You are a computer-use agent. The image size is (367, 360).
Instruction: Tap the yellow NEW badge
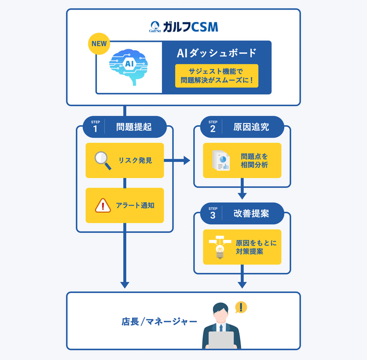tap(99, 44)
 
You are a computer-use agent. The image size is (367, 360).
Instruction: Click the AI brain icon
tap(129, 67)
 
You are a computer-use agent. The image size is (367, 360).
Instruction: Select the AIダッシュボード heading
tap(217, 53)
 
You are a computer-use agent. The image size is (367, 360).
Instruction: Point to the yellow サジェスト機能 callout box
tap(217, 75)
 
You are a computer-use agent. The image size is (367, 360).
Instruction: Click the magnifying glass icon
tap(103, 160)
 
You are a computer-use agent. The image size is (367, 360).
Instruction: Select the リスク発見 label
tap(135, 160)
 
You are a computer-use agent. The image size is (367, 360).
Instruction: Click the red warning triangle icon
tap(103, 205)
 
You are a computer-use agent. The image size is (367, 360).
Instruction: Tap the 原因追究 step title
tap(251, 126)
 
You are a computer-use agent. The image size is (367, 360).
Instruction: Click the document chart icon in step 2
tap(221, 160)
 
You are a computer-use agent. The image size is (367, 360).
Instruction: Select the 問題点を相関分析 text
tap(254, 160)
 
